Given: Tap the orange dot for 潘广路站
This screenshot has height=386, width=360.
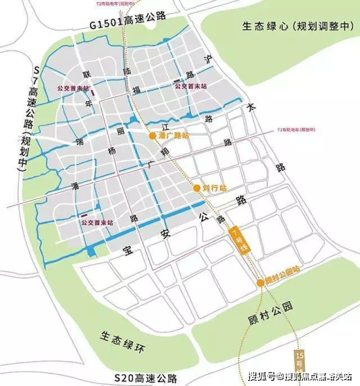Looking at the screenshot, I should pyautogui.click(x=152, y=136).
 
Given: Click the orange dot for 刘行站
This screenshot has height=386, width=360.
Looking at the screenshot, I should pyautogui.click(x=197, y=187).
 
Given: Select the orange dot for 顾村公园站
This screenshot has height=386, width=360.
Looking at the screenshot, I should pyautogui.click(x=260, y=283).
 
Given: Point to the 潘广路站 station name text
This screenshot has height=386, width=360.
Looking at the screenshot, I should pyautogui.click(x=172, y=136).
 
